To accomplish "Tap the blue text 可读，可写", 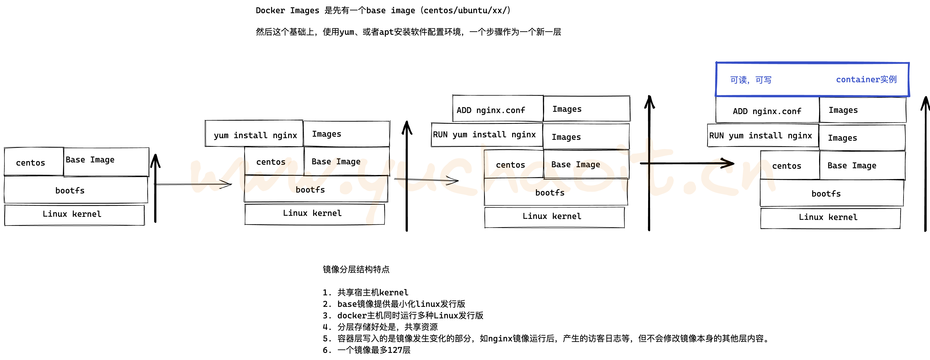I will (x=751, y=80).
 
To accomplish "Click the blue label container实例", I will (x=866, y=80).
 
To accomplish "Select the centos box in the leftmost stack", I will (x=33, y=162).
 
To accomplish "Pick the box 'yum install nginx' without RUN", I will (x=254, y=134).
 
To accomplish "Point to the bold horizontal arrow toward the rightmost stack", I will (x=686, y=163).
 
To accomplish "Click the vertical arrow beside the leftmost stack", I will (x=155, y=188).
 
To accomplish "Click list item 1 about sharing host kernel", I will (x=365, y=292).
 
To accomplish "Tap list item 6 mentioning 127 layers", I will (x=366, y=350).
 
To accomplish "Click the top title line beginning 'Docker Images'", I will (x=383, y=10).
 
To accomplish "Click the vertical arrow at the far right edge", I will (x=925, y=162).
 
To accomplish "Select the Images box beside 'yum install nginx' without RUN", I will (x=346, y=134).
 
